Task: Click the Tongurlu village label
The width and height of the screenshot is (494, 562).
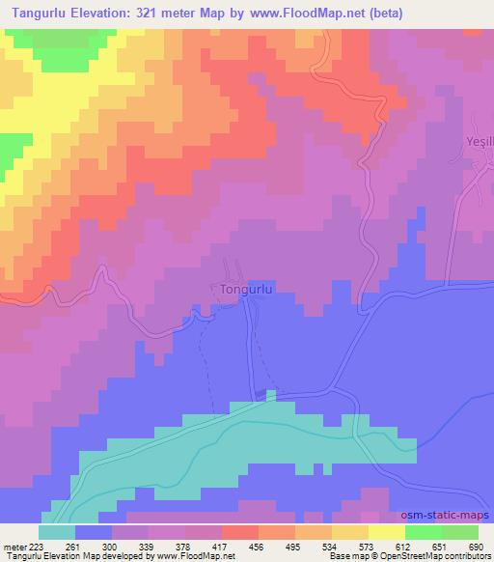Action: point(242,289)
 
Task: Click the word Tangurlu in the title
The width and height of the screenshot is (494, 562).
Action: point(40,14)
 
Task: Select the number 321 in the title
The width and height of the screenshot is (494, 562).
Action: point(165,14)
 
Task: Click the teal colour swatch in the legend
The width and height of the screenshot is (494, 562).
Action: point(57,532)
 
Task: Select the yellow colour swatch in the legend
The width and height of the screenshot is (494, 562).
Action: point(387,532)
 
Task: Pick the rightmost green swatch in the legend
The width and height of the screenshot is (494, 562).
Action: point(460,532)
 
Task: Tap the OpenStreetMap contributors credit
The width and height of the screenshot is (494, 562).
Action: point(424,557)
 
